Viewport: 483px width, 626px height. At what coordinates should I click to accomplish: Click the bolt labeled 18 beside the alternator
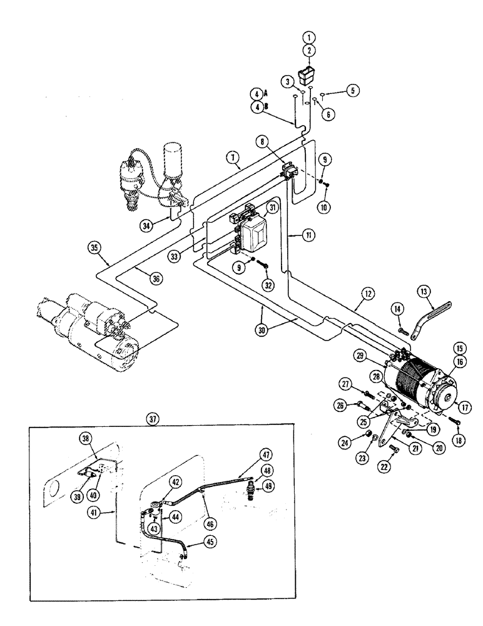(454, 421)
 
